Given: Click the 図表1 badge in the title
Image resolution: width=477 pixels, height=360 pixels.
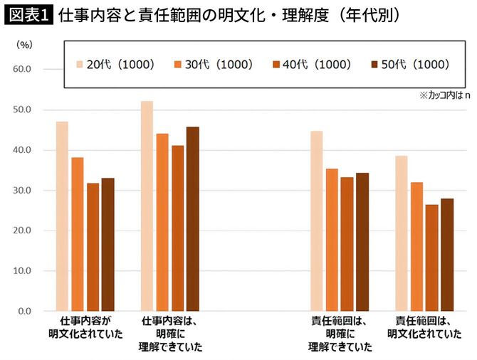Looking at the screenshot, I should coord(28,15).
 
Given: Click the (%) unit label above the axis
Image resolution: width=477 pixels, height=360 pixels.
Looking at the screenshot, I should coord(23,44).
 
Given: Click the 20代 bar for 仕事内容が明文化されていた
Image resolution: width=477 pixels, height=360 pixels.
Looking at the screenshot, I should coord(63,216).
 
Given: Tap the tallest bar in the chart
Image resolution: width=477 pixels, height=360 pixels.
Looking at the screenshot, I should coord(147,206).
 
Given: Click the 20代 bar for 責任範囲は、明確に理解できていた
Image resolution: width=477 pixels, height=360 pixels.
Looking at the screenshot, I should coord(317,221).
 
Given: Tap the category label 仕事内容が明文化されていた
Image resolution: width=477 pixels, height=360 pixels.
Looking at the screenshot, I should coord(85,327).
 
